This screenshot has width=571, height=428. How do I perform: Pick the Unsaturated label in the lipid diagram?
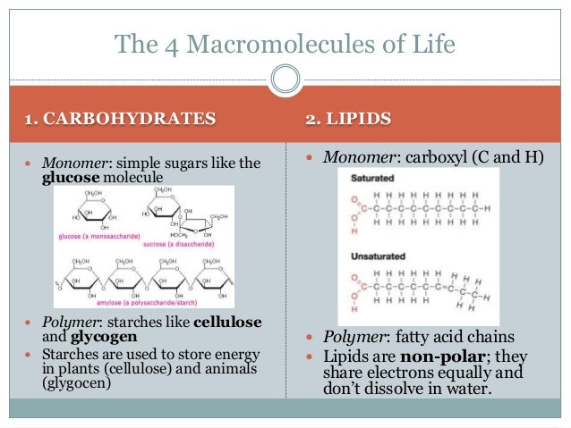click(371, 256)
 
